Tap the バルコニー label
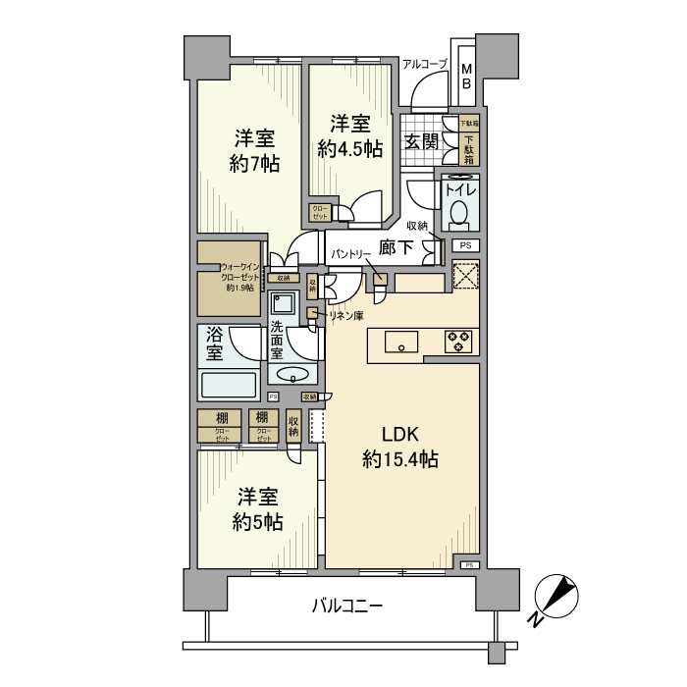(347, 606)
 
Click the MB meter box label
(466, 77)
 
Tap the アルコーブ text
(424, 64)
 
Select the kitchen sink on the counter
(400, 343)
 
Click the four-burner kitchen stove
(457, 343)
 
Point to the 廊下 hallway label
(396, 249)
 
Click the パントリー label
(349, 253)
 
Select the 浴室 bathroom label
(215, 343)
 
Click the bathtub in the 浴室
(228, 383)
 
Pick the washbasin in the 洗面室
(292, 374)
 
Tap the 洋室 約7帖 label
(254, 150)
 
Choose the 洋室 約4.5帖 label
(350, 136)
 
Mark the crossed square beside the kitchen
(466, 276)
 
